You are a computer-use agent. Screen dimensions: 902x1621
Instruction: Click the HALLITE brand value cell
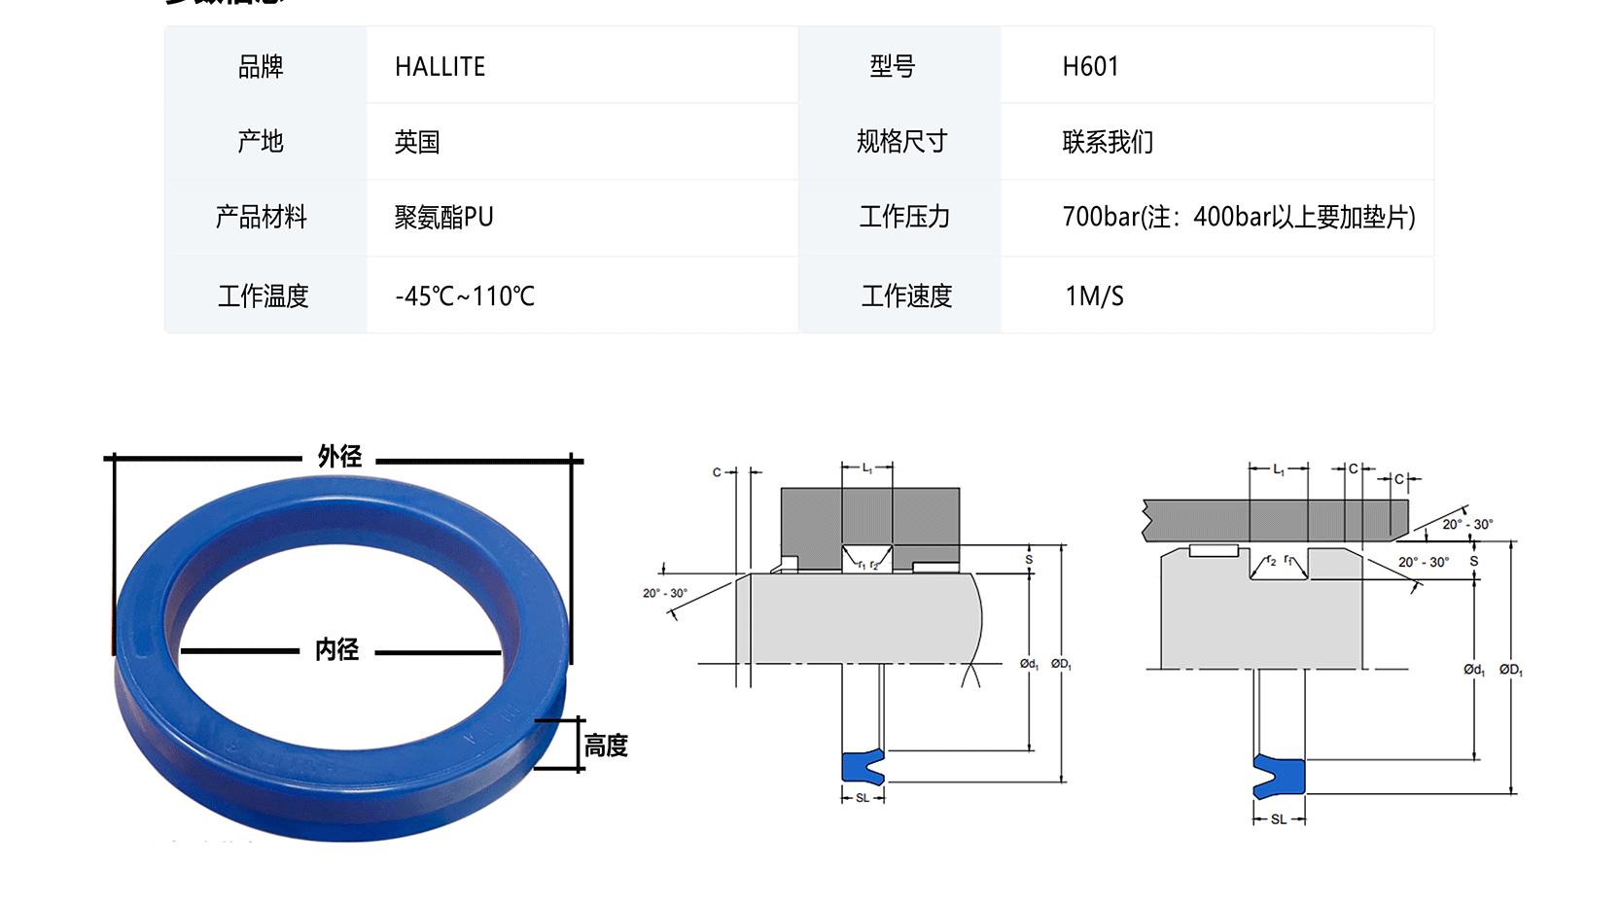tap(440, 66)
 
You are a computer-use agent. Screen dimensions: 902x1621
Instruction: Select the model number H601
tap(1090, 66)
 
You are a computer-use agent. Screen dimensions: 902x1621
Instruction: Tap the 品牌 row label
tap(261, 66)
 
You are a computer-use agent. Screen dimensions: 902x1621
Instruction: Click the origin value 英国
tap(417, 142)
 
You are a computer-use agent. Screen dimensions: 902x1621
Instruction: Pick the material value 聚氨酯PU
tap(443, 217)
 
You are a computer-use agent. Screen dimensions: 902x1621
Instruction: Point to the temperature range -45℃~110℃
tap(465, 295)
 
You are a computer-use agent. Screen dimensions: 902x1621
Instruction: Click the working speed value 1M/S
tap(1094, 295)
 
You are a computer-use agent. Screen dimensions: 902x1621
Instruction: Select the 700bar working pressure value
tap(1238, 217)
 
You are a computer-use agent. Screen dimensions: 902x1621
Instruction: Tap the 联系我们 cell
tap(1108, 142)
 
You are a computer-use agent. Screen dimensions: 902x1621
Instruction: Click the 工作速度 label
tap(906, 295)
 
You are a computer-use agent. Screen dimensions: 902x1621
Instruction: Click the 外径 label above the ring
tap(339, 456)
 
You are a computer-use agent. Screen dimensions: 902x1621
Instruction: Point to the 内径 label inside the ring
tap(336, 649)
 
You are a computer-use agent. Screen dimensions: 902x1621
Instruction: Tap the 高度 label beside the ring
tap(606, 746)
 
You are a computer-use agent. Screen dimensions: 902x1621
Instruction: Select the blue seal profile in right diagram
tap(1279, 776)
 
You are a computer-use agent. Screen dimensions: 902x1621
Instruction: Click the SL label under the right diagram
tap(1279, 819)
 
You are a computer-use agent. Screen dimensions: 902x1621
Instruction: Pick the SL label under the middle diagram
tap(863, 798)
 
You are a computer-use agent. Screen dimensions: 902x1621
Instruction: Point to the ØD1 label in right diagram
tap(1510, 670)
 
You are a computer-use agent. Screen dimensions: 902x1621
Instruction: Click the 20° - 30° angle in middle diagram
tap(664, 593)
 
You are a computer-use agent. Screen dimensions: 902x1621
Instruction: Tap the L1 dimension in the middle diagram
tap(867, 468)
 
